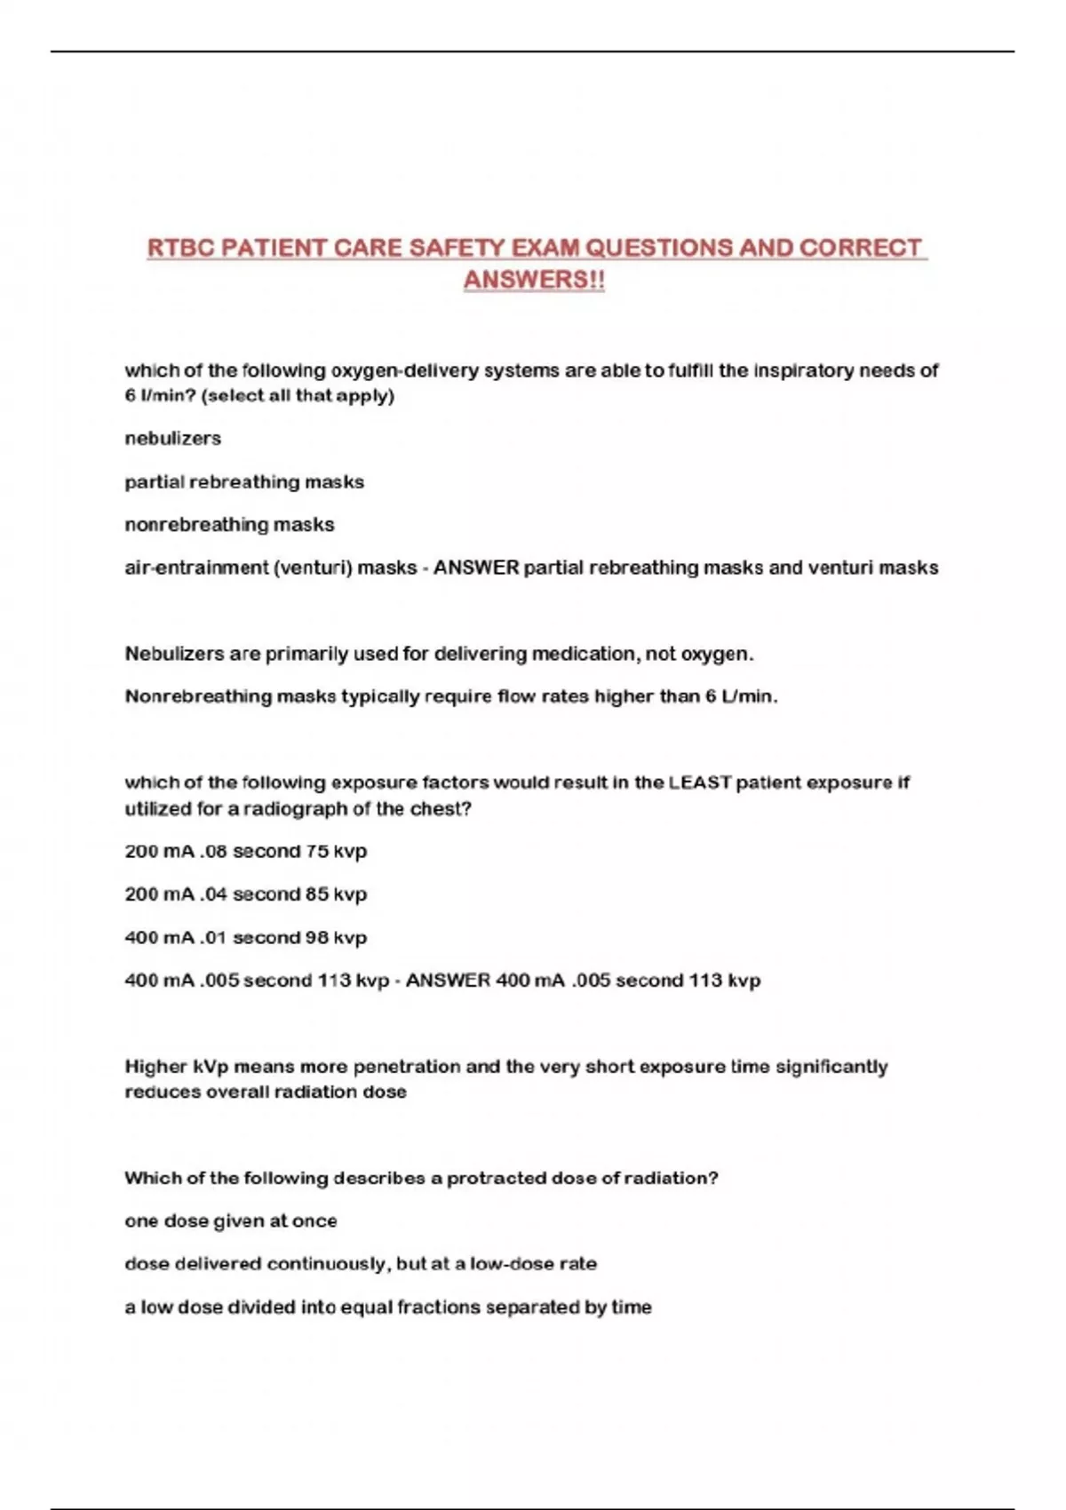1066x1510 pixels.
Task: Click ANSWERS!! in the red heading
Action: click(534, 280)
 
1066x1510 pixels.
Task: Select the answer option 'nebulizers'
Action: click(172, 439)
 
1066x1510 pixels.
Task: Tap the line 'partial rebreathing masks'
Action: click(244, 482)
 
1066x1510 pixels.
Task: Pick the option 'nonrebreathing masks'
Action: click(229, 525)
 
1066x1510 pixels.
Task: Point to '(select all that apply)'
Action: click(298, 396)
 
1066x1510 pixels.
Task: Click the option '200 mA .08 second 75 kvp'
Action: click(245, 851)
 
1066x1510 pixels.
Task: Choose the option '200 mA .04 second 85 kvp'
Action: click(245, 894)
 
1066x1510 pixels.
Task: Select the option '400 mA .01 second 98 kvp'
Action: click(245, 938)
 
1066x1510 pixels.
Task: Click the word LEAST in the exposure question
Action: click(700, 783)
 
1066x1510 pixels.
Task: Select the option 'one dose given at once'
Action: click(231, 1221)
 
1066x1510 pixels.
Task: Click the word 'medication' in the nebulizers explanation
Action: click(585, 655)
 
